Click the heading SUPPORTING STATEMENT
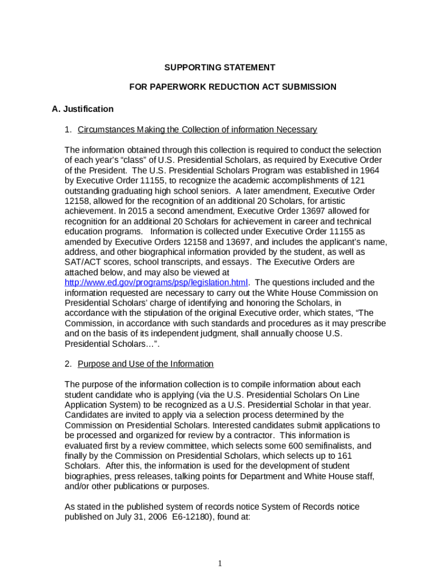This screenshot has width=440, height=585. [x=219, y=67]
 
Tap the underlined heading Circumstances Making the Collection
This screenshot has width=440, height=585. [x=197, y=130]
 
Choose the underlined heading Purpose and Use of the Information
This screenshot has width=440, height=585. [x=145, y=364]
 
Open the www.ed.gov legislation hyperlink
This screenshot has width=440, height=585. [x=156, y=282]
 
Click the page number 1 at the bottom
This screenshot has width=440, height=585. [x=219, y=564]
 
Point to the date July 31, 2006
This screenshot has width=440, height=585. [x=133, y=517]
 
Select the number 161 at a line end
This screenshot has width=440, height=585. [x=345, y=456]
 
